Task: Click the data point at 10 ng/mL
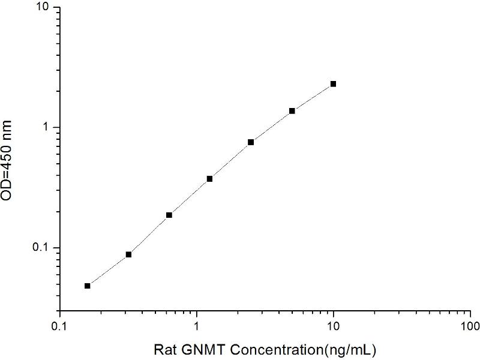tap(333, 84)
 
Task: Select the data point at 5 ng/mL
tap(292, 111)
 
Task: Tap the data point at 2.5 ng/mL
tap(251, 142)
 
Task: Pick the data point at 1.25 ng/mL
tap(209, 179)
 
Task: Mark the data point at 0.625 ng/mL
tap(169, 215)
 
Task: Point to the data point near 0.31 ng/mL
tap(128, 254)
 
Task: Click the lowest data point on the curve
tap(88, 286)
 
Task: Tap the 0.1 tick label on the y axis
tap(45, 248)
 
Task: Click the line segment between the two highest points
tap(313, 97)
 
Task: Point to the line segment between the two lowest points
tap(108, 270)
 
